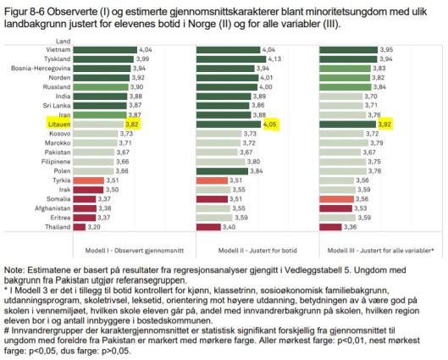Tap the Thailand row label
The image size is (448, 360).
pyautogui.click(x=59, y=227)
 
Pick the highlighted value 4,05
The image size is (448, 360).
pyautogui.click(x=271, y=122)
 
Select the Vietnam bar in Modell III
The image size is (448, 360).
pyautogui.click(x=349, y=50)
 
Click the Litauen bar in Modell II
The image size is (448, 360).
pyautogui.click(x=228, y=122)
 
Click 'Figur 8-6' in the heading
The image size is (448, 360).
pyautogui.click(x=20, y=8)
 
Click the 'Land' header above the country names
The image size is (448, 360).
pyautogui.click(x=63, y=40)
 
